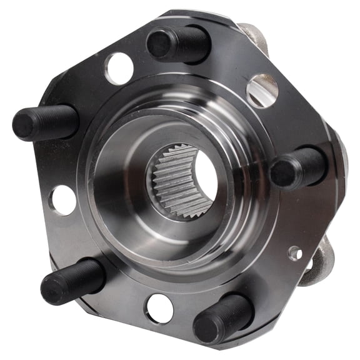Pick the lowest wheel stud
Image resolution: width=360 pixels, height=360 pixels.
223,317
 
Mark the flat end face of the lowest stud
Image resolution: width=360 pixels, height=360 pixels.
208,326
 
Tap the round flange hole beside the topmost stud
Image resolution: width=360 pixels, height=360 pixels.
119,68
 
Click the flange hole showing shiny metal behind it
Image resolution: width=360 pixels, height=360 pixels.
262,90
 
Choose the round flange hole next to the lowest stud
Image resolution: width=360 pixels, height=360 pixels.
159,307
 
